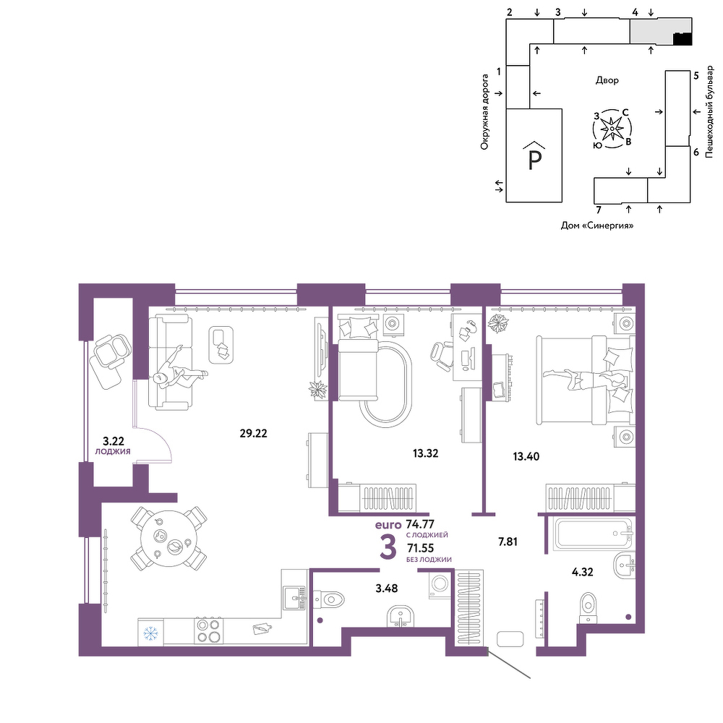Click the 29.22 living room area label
click(253, 433)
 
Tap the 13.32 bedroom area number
click(426, 453)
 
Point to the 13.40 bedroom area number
click(526, 456)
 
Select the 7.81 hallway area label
click(508, 542)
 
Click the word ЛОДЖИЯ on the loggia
click(113, 452)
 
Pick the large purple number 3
click(388, 547)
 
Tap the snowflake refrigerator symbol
click(151, 633)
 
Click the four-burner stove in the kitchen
click(208, 631)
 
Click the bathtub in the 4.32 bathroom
click(593, 534)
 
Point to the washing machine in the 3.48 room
click(440, 585)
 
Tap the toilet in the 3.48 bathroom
click(328, 599)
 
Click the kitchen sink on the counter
click(294, 598)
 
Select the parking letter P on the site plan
click(534, 160)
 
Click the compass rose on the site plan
click(612, 129)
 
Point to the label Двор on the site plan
click(607, 80)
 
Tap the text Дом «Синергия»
click(597, 226)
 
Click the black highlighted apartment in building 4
click(683, 39)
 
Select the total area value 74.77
click(420, 524)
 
